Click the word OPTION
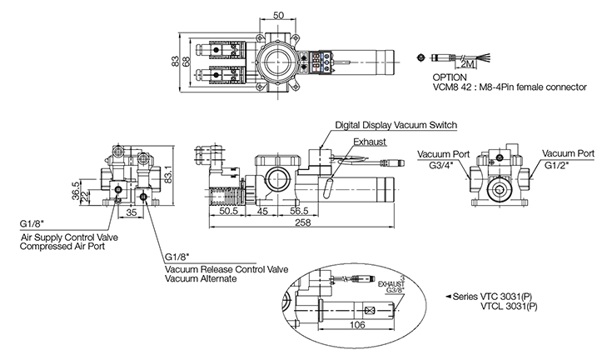(450, 77)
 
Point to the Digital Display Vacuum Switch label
(396, 125)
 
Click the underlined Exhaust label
(369, 142)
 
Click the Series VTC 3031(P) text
(498, 296)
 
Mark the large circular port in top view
(276, 61)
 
